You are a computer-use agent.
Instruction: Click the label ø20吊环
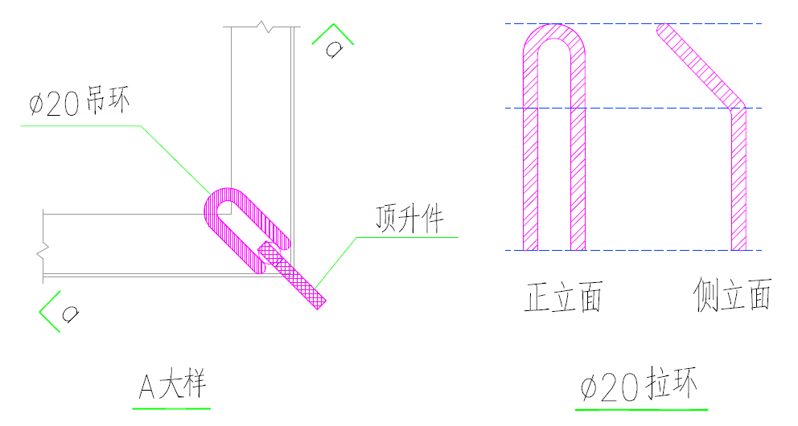(x=79, y=104)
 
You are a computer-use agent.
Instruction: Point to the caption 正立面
(x=563, y=297)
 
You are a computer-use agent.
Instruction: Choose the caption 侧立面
(x=732, y=296)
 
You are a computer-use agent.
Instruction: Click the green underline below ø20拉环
(x=641, y=409)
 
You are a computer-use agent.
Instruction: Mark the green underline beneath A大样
(x=171, y=408)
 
